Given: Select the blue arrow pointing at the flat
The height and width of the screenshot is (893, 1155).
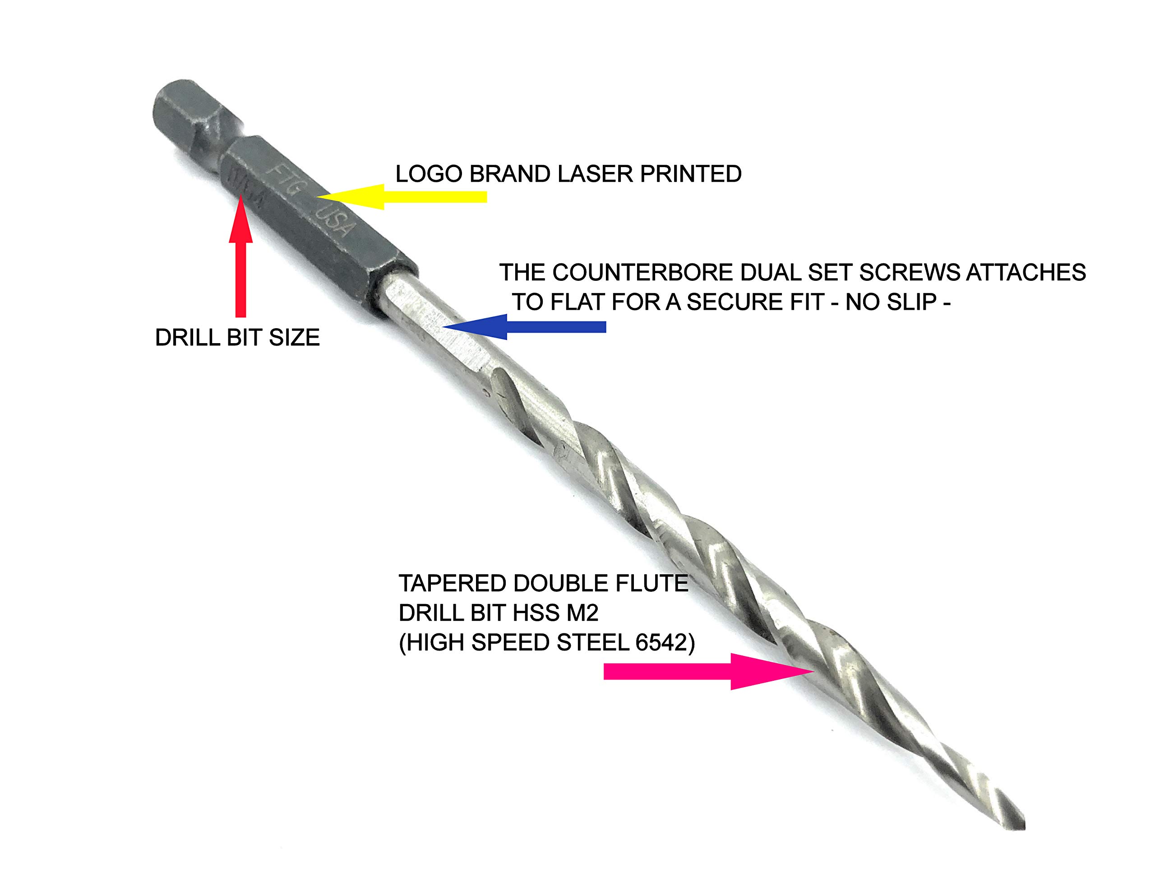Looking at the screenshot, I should (523, 326).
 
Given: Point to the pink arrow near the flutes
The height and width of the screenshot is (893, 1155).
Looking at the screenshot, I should (709, 671).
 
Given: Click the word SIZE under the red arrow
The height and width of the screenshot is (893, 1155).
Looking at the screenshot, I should (294, 338).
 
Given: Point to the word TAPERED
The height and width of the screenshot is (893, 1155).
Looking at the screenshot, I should (452, 583).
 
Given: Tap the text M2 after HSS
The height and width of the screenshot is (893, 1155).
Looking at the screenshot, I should (584, 613).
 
